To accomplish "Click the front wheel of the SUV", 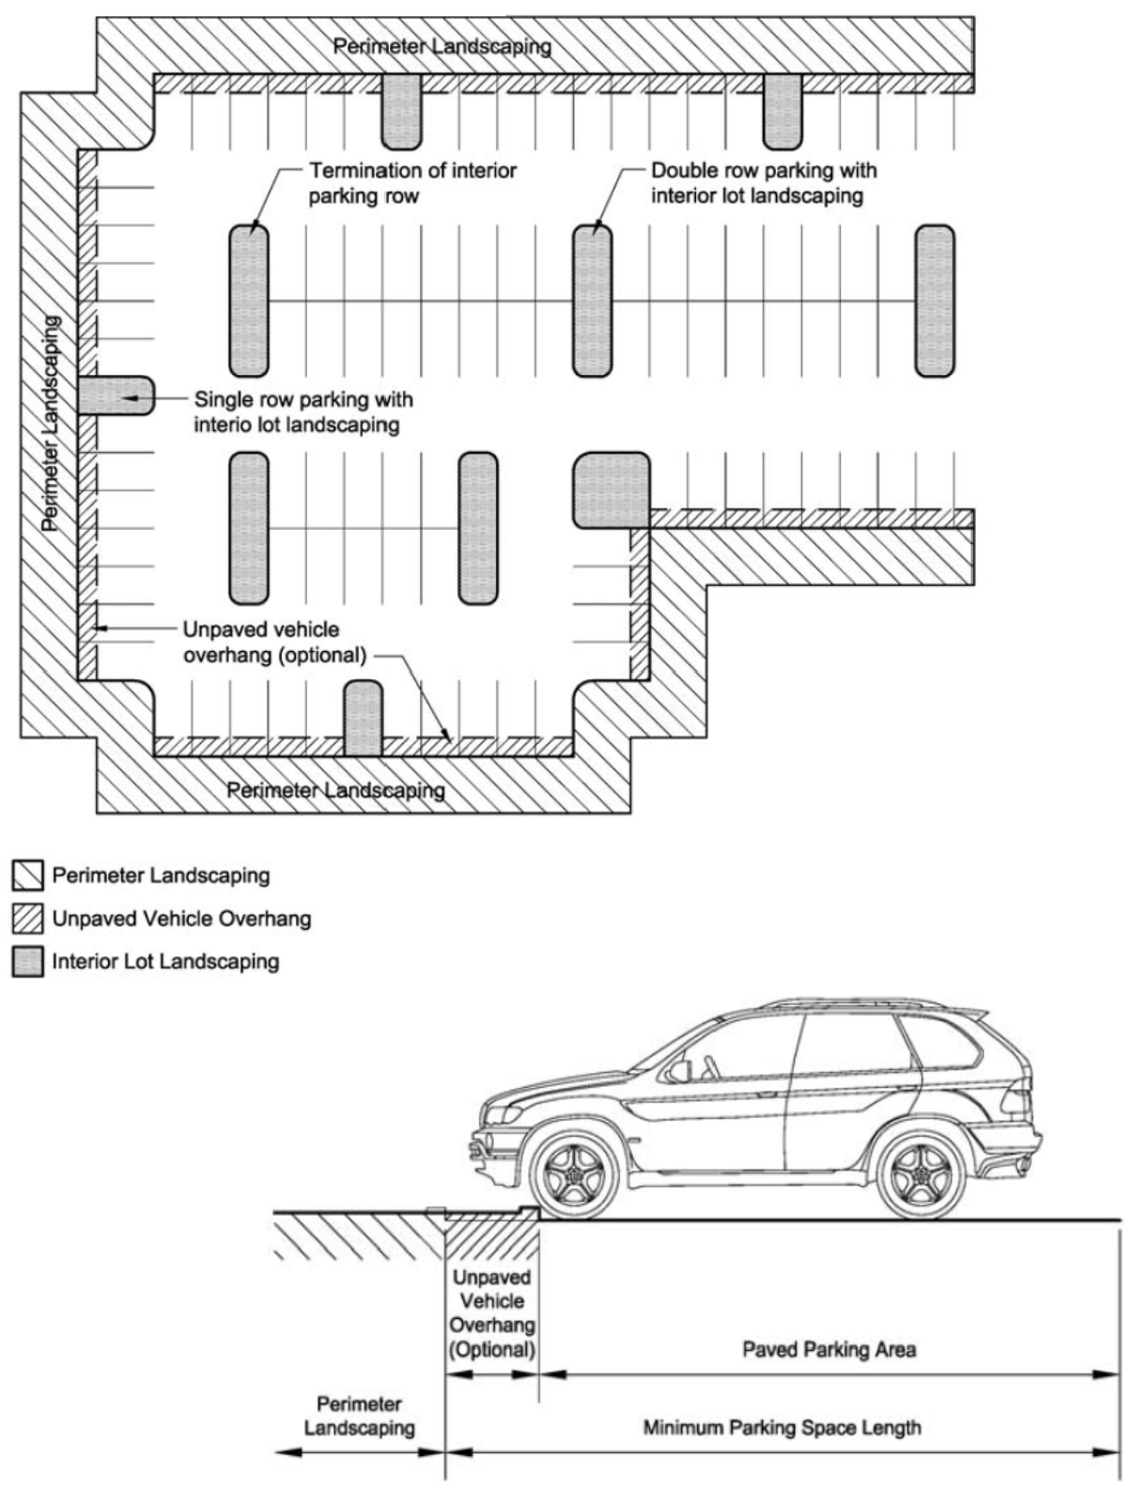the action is point(574,1173).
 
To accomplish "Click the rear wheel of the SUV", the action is point(922,1173).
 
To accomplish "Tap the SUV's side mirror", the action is point(678,1070).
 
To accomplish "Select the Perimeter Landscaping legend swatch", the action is point(27,876).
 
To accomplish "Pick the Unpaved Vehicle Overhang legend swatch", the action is point(27,919).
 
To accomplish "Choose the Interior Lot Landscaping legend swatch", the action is point(27,962).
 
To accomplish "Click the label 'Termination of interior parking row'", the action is point(412,183).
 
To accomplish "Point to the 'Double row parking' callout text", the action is point(764,183).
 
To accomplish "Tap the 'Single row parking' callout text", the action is point(303,412).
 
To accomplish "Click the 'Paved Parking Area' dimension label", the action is point(829,1349).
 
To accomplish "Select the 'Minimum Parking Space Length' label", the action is point(783,1428).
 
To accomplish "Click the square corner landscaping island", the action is point(612,490).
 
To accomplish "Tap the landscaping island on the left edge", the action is point(116,395).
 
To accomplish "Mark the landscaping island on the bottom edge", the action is point(364,718).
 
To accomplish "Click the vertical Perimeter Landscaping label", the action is point(51,423).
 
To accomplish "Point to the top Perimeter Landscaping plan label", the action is point(442,47).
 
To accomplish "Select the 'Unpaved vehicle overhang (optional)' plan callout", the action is point(274,643).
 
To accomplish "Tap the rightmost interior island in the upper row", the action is point(935,301).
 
